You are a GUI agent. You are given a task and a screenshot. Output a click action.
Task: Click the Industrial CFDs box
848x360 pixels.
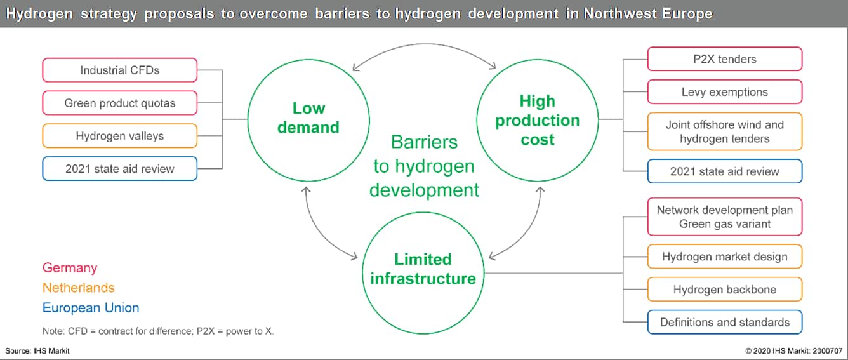pyautogui.click(x=119, y=70)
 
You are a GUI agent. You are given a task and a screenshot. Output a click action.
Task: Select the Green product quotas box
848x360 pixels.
pyautogui.click(x=119, y=103)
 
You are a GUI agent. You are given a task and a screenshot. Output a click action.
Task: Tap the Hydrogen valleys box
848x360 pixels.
pyautogui.click(x=119, y=135)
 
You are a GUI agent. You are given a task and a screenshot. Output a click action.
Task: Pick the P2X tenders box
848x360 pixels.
pyautogui.click(x=725, y=59)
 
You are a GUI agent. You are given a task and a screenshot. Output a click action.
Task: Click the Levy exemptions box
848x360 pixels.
pyautogui.click(x=725, y=92)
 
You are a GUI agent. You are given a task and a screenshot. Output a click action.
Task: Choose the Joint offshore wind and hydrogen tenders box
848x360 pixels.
pyautogui.click(x=725, y=131)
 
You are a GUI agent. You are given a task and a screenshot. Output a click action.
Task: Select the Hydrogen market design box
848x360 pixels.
pyautogui.click(x=725, y=257)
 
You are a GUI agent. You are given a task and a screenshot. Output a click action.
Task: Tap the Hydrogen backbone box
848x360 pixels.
pyautogui.click(x=725, y=290)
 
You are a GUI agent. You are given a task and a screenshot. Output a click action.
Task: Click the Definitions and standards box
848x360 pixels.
pyautogui.click(x=725, y=322)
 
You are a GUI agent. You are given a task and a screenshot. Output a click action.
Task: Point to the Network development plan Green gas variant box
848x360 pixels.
pyautogui.click(x=725, y=217)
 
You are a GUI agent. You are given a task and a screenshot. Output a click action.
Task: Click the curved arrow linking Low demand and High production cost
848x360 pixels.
pyautogui.click(x=425, y=44)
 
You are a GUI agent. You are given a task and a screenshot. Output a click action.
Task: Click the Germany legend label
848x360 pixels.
pyautogui.click(x=70, y=268)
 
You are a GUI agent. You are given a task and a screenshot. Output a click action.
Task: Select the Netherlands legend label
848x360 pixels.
pyautogui.click(x=78, y=288)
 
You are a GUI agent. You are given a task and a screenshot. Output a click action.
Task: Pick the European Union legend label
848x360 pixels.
pyautogui.click(x=91, y=308)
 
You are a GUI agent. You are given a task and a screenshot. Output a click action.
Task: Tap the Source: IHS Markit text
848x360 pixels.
pyautogui.click(x=37, y=351)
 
